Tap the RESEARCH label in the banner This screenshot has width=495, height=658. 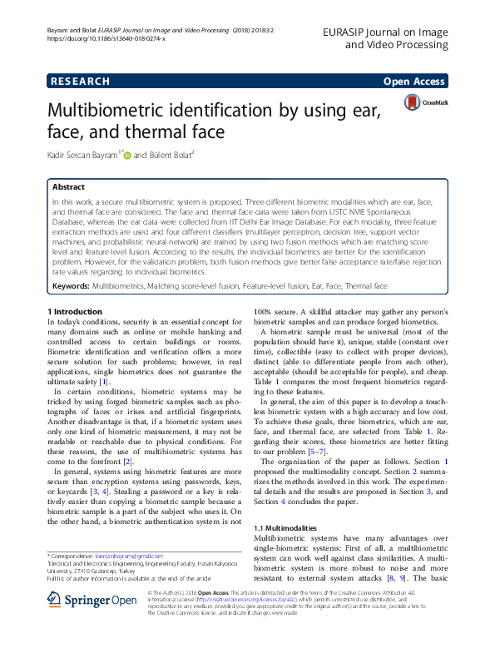click(80, 82)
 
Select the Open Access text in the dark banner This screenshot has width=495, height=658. click(413, 82)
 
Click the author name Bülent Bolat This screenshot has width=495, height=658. click(173, 154)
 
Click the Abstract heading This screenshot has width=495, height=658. click(68, 187)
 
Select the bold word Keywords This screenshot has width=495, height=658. click(70, 285)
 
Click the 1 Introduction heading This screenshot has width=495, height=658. click(74, 311)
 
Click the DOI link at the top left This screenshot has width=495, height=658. click(106, 38)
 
